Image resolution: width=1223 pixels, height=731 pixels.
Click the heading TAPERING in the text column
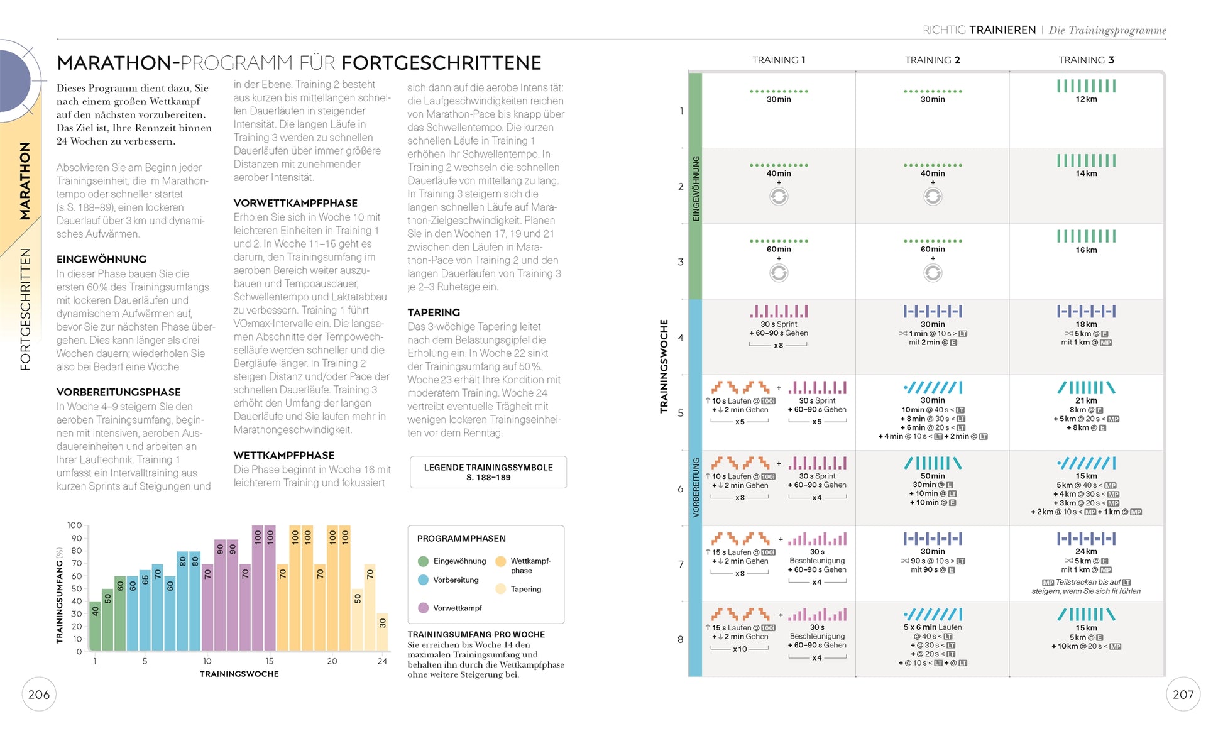[433, 312]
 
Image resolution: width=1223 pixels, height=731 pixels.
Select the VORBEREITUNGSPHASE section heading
[118, 392]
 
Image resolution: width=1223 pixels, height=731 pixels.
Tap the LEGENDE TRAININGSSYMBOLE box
[488, 472]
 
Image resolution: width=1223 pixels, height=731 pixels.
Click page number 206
[39, 695]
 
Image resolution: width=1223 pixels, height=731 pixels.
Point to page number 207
[1183, 695]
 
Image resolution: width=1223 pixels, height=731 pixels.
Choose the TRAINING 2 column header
[932, 60]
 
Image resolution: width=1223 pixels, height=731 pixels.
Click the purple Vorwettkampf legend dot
[424, 608]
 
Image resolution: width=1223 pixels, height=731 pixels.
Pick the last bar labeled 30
[382, 631]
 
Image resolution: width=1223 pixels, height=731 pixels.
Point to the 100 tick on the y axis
[74, 525]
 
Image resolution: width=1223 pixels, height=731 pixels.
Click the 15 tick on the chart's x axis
[270, 661]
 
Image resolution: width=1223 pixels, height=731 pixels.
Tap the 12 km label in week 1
[1086, 99]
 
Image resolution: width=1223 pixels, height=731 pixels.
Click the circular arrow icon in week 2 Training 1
[779, 197]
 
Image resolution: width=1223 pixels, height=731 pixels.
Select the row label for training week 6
[681, 488]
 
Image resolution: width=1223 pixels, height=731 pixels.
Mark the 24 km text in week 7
[1086, 552]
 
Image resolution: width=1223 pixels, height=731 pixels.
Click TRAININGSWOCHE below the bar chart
[239, 674]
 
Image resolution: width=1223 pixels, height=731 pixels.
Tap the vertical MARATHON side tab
[25, 180]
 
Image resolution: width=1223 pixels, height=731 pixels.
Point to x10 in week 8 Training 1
[740, 649]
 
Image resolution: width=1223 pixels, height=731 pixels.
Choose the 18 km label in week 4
[1086, 324]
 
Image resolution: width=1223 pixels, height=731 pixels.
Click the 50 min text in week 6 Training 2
[933, 476]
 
